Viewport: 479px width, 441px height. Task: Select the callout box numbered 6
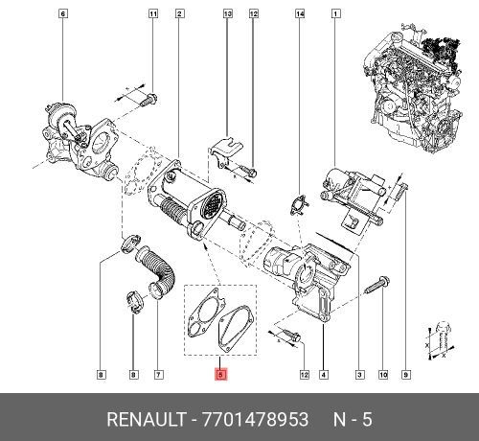tap(63, 13)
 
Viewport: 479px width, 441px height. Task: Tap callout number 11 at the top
tap(152, 13)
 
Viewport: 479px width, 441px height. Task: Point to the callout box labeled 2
tap(179, 13)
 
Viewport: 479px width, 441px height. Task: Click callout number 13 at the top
tap(228, 13)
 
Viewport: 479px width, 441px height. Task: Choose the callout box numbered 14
tap(300, 13)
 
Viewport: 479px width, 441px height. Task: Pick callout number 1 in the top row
tap(335, 13)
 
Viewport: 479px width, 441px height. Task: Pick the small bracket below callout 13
tap(223, 151)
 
